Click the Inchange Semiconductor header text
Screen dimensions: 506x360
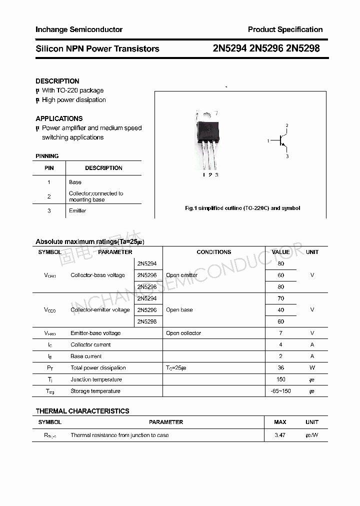coord(79,29)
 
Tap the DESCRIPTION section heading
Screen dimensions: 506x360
coord(57,81)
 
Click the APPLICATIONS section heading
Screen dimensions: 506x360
coord(59,118)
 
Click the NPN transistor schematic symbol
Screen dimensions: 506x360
coord(281,141)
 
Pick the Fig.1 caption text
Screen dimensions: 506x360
coord(242,208)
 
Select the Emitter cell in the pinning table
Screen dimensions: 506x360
coord(77,211)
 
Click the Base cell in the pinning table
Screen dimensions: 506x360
coord(75,182)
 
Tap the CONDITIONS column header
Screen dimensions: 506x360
coord(213,252)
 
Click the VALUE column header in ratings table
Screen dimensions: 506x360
coord(280,252)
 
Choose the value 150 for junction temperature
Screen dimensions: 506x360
coord(280,379)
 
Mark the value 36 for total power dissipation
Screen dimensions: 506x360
coord(280,368)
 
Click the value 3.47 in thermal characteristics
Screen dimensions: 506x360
coord(280,435)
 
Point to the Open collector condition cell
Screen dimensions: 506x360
coord(183,333)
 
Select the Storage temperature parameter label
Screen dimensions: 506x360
coord(95,391)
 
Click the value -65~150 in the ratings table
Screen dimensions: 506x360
coord(280,391)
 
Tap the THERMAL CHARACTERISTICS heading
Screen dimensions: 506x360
coord(82,411)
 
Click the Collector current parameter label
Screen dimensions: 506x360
coord(90,344)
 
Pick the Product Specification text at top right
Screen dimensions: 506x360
coord(285,29)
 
